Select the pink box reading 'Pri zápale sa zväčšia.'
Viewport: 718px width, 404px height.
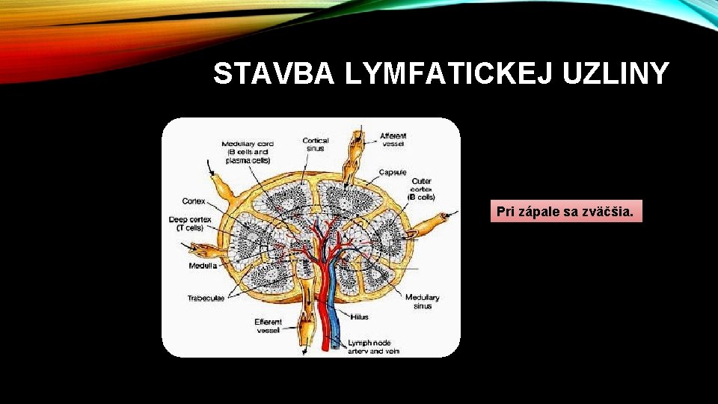point(566,212)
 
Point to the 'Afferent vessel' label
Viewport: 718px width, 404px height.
point(393,139)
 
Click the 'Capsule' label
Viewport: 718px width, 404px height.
point(392,172)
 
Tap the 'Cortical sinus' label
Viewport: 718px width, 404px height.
point(316,144)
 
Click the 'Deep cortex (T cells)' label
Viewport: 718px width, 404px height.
point(190,224)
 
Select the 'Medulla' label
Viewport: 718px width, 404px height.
point(203,265)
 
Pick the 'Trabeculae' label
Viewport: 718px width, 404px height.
point(206,299)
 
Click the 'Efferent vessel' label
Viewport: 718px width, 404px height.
point(268,325)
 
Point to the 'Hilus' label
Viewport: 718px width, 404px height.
point(359,317)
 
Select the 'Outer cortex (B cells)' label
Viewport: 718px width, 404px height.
point(421,189)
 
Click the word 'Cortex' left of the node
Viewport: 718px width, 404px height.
point(194,201)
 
